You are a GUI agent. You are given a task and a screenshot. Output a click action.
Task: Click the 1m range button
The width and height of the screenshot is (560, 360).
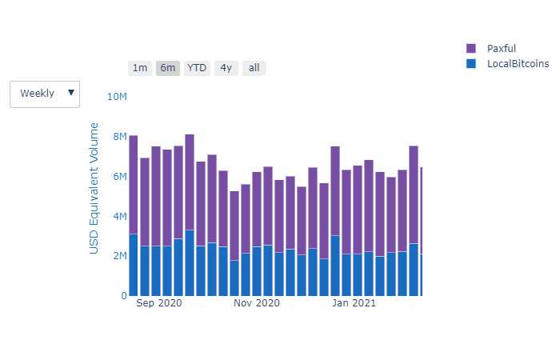coord(140,68)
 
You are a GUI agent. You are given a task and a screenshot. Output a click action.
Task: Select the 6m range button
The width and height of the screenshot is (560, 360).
coord(168,68)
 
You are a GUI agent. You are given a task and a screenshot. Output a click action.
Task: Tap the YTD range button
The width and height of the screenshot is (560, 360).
coord(197,68)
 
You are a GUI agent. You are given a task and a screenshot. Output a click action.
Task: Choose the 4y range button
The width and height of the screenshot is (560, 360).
coord(226,68)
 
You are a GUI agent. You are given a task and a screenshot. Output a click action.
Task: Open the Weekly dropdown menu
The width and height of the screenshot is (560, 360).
coord(45,94)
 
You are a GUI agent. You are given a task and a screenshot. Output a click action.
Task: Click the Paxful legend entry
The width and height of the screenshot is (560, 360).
coord(501,49)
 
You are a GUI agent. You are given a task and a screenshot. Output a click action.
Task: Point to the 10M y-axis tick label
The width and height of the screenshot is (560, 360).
coord(117,97)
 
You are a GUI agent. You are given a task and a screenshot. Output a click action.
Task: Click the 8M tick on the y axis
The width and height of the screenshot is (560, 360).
coord(119,137)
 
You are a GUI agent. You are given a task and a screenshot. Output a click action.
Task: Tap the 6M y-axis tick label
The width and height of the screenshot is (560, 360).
coord(119,176)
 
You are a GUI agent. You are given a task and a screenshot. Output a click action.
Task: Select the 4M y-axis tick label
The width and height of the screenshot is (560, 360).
coord(119,216)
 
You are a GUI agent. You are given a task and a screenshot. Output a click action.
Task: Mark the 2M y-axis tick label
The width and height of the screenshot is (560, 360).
coord(119,256)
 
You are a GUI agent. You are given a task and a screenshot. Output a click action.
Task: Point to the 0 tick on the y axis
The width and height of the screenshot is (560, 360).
coord(123,296)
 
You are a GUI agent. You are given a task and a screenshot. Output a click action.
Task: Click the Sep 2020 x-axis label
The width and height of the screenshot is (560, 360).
coord(159,304)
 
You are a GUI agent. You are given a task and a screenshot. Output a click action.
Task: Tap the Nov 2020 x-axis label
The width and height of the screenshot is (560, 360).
coord(257,304)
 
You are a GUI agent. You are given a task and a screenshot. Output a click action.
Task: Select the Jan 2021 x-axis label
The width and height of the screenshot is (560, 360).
coord(354,304)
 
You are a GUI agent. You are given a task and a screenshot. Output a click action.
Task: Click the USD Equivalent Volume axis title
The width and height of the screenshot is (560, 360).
coord(94,188)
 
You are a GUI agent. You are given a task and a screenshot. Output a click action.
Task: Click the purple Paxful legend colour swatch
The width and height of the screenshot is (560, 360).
coord(470,49)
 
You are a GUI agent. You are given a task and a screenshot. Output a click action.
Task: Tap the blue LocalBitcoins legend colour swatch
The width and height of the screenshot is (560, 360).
coord(470,64)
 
